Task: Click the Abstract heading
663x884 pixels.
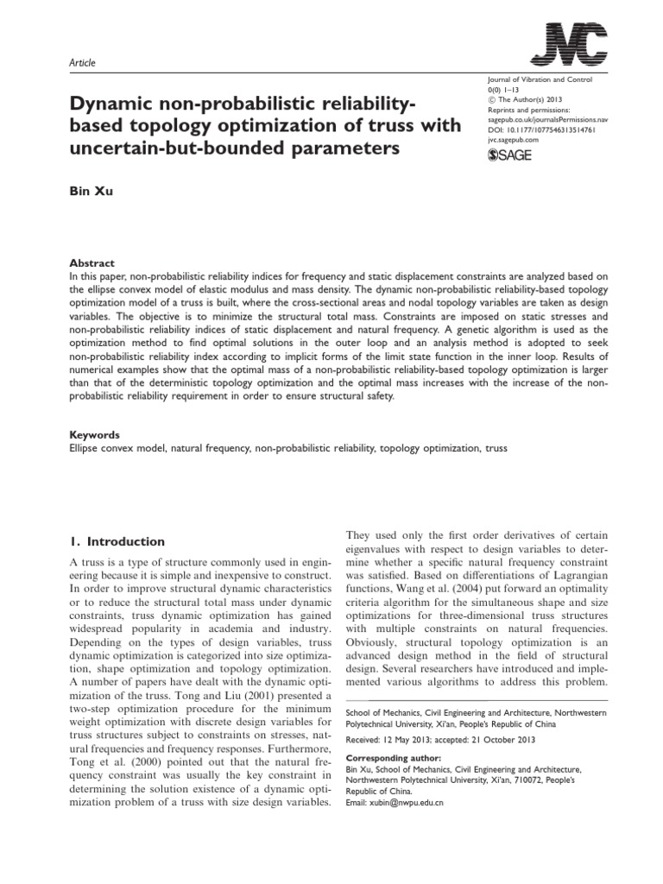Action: click(x=91, y=263)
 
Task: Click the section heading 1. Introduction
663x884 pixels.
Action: click(x=116, y=541)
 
